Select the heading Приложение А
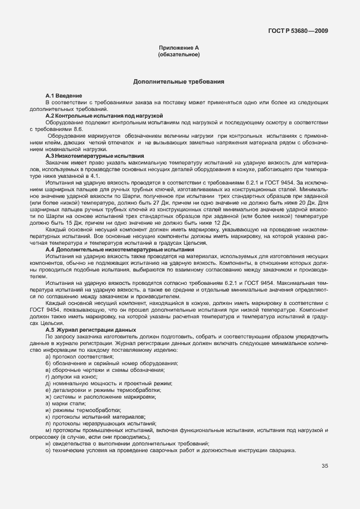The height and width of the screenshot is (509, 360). click(179, 49)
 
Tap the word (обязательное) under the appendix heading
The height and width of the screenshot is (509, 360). click(179, 55)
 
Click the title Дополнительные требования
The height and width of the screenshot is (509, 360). click(179, 81)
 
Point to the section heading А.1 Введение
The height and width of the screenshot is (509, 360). click(64, 96)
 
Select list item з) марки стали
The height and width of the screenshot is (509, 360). click(69, 403)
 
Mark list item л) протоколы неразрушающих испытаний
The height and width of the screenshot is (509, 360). click(101, 424)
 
